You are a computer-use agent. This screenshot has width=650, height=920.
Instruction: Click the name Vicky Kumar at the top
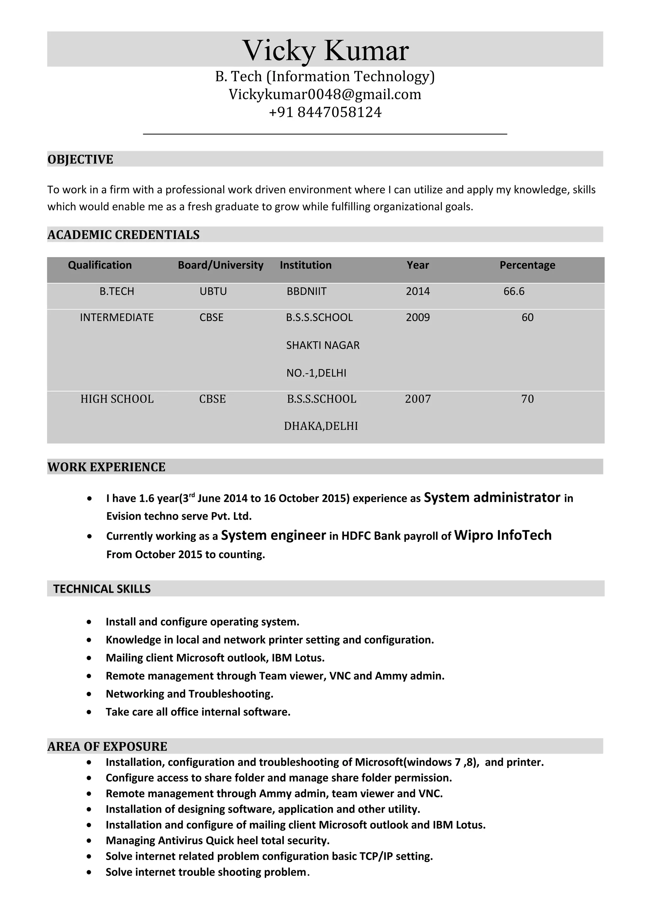coord(325,50)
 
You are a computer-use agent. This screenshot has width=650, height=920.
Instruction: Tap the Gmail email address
coord(325,95)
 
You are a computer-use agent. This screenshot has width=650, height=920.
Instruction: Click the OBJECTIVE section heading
coord(80,159)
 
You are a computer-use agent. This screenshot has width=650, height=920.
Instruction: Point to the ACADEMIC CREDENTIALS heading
coord(123,235)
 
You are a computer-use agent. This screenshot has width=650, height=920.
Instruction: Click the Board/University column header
coord(220,265)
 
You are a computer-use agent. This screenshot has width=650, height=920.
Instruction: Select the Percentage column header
coord(527,265)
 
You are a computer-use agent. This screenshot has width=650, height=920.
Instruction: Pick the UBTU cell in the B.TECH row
coord(213,291)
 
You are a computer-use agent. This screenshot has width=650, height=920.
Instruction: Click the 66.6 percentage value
coord(514,291)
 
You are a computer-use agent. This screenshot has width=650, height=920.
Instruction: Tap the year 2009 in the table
coord(418,317)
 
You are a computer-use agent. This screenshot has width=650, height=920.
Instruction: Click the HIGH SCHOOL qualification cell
coord(117,399)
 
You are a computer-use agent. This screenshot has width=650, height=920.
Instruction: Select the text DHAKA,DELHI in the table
coord(321,426)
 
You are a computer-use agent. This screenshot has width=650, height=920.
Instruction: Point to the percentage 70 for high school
coord(527,399)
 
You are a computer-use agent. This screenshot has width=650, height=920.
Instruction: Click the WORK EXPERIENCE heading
coord(106,467)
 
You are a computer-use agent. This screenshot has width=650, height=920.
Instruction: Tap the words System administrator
coord(492,498)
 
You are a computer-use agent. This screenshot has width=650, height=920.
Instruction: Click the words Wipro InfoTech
coord(503,535)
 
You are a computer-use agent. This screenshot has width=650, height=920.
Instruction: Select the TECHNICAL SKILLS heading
coord(102,589)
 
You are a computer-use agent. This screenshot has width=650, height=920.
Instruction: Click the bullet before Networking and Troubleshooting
coord(89,694)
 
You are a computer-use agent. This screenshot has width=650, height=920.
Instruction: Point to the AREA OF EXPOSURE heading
coord(107,746)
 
